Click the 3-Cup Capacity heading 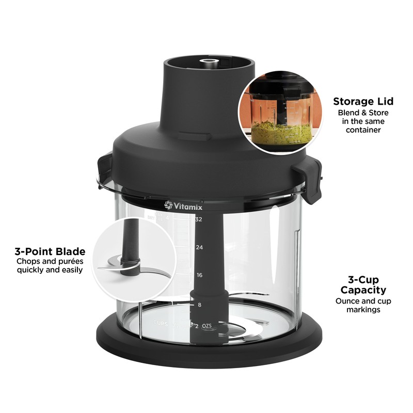click(x=360, y=285)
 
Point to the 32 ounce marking click(x=198, y=219)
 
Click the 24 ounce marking click(x=199, y=247)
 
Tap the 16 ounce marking click(x=199, y=275)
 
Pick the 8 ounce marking click(x=199, y=305)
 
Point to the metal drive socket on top click(x=209, y=63)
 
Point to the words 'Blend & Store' click(x=363, y=113)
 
